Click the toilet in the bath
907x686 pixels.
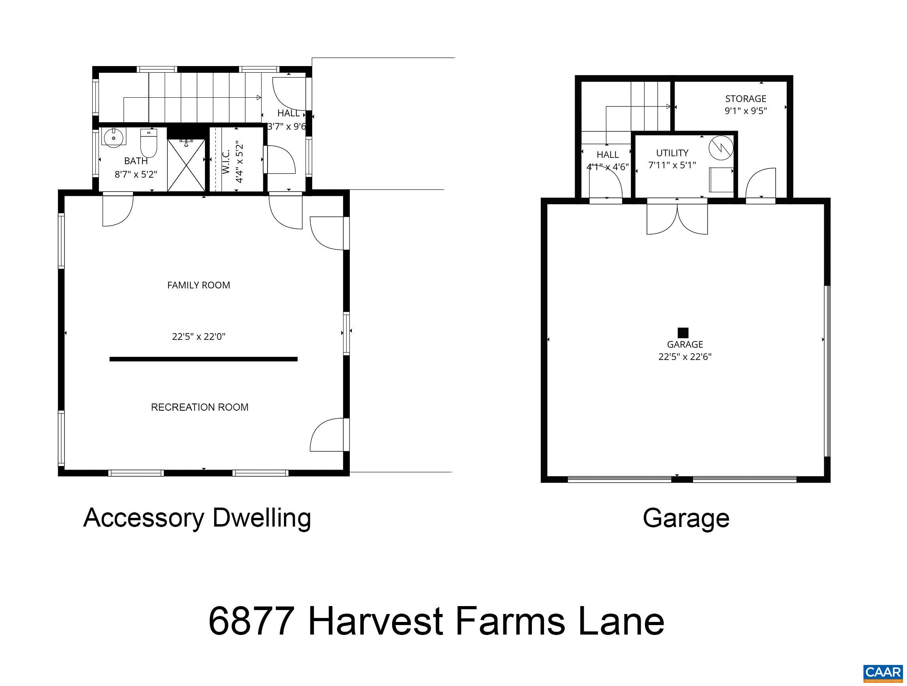pos(148,143)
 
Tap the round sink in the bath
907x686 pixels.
pos(114,138)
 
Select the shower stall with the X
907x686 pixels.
pos(186,165)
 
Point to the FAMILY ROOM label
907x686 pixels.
pos(199,285)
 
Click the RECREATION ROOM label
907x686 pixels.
pos(200,407)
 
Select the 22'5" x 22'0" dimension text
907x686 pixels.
pos(199,337)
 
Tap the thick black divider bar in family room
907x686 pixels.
pos(203,359)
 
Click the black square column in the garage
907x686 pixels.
pos(683,333)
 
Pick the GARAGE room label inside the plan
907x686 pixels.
pos(685,345)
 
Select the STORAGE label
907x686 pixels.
pos(746,99)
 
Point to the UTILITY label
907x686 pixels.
pos(672,153)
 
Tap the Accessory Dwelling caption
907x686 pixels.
pos(197,518)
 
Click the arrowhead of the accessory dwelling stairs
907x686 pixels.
pos(259,98)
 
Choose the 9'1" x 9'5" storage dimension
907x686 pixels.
pos(746,111)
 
